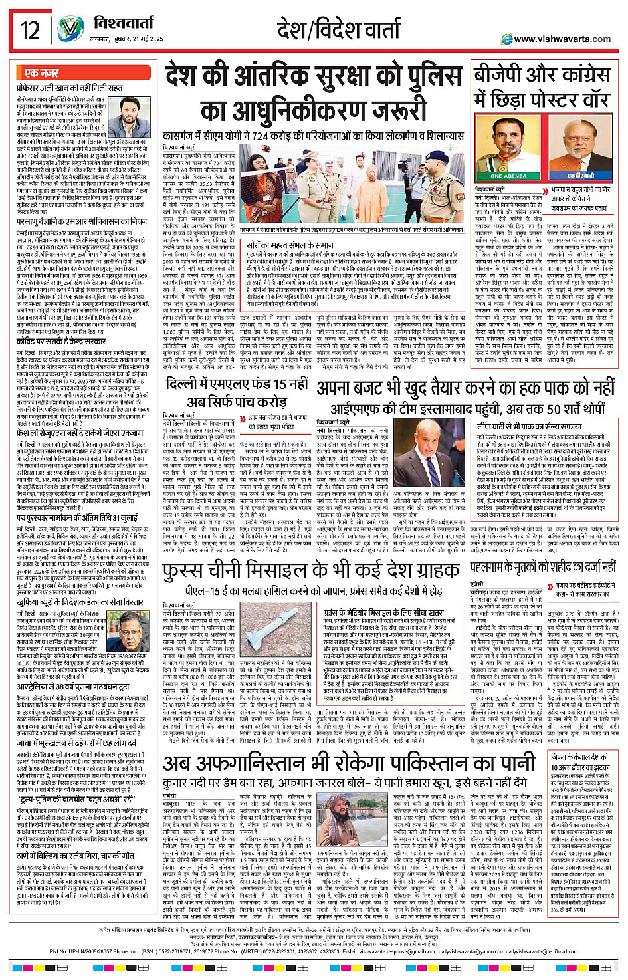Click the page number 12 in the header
click(x=31, y=30)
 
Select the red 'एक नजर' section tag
click(x=41, y=73)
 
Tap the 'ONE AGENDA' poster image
click(x=509, y=150)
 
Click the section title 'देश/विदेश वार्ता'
click(x=339, y=30)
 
